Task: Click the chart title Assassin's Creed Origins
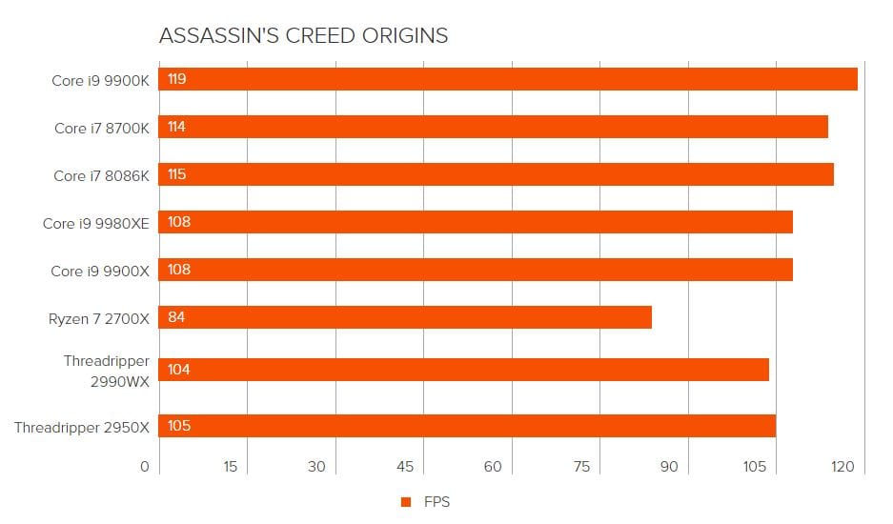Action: (x=303, y=36)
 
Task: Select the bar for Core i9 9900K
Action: (x=508, y=79)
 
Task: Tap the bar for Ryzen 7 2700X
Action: (x=405, y=317)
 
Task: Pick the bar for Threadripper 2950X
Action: (x=467, y=426)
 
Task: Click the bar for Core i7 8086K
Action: (x=496, y=174)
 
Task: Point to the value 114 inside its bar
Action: (x=176, y=127)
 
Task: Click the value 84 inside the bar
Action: (x=175, y=317)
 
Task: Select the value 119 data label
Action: (x=176, y=79)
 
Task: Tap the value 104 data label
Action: (x=178, y=370)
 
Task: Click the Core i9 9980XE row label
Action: (x=96, y=223)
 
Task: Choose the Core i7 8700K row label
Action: (x=102, y=128)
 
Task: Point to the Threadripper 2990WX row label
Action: (x=107, y=370)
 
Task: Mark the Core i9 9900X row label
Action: (x=100, y=271)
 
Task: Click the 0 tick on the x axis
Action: (x=145, y=467)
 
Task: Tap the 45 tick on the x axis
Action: (x=405, y=467)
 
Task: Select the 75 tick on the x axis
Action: (x=581, y=467)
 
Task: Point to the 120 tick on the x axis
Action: (x=842, y=467)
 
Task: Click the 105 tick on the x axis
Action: (x=755, y=467)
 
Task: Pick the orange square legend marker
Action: (x=406, y=502)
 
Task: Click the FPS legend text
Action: (x=436, y=502)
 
